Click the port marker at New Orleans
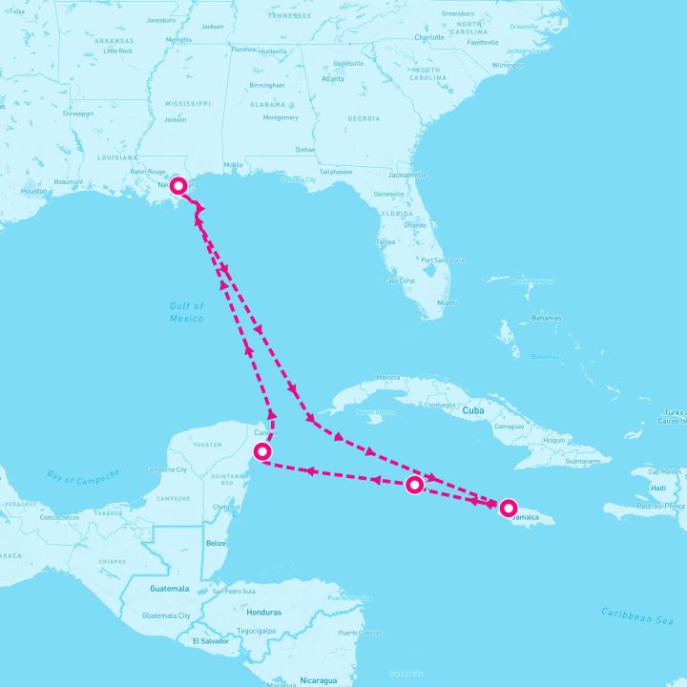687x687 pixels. tap(178, 184)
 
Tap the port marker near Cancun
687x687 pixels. tap(262, 451)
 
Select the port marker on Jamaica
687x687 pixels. tap(509, 508)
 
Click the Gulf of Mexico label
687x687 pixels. tap(187, 312)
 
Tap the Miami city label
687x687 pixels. tap(447, 302)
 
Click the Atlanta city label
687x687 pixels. tap(333, 79)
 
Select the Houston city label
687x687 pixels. tap(34, 191)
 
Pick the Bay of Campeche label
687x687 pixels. tap(84, 476)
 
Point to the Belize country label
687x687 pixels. tap(216, 542)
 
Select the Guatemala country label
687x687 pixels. tap(169, 589)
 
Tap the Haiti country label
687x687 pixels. tap(657, 488)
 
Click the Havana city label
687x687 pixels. tap(388, 377)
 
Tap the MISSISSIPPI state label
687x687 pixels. tap(176, 102)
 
